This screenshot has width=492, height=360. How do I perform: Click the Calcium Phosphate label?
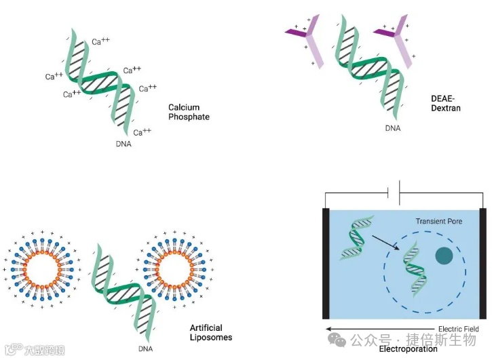(189, 112)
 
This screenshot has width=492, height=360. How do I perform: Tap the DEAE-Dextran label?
(446, 103)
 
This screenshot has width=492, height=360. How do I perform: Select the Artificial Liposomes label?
(210, 332)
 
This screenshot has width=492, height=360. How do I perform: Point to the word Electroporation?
(408, 349)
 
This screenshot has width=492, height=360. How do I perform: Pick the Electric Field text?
(459, 329)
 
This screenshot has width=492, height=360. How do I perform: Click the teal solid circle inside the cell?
(444, 256)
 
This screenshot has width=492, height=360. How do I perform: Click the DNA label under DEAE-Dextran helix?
(393, 127)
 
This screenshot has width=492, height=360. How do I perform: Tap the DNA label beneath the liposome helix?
(145, 349)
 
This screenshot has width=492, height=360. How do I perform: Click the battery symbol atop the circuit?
(394, 193)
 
